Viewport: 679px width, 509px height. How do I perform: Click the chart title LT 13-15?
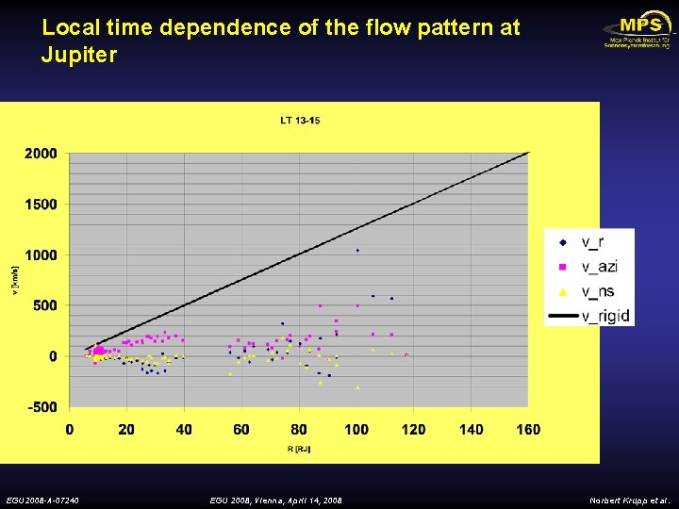pos(300,120)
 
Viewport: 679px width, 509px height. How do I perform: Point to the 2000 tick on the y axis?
pos(41,154)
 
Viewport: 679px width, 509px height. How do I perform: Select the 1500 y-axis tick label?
pos(41,205)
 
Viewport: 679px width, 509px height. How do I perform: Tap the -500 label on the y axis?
pos(41,407)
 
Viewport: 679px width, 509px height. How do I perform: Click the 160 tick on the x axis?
pos(528,430)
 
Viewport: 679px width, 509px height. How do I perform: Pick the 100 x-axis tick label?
pos(356,430)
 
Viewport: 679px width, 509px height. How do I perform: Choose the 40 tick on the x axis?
pos(184,430)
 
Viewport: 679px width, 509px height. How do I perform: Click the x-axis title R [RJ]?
pos(300,450)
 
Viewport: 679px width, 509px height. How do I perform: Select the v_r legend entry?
pos(589,243)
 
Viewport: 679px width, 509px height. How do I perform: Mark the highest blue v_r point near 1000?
pos(357,251)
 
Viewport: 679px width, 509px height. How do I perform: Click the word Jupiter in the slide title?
pos(79,55)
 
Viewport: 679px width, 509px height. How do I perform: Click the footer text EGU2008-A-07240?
pos(42,500)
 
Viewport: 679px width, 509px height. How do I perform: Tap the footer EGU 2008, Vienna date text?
pos(275,500)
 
